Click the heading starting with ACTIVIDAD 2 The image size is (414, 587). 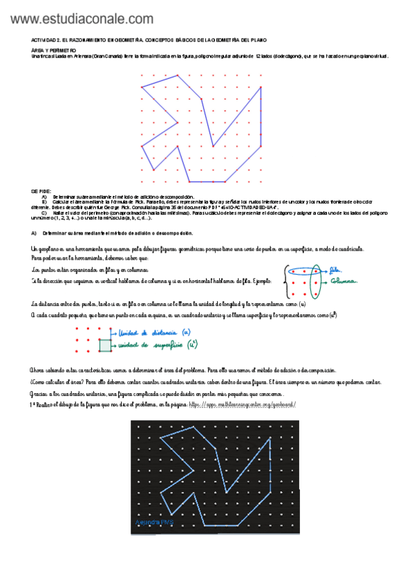click(149, 41)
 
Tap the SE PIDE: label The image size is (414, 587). click(41, 191)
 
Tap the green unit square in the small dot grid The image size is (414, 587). click(105, 345)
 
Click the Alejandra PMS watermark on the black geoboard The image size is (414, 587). click(155, 521)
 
